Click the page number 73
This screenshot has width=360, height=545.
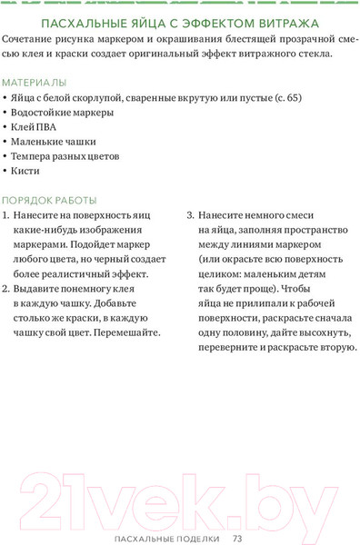pyautogui.click(x=236, y=539)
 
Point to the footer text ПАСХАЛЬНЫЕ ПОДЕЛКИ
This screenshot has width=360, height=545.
pyautogui.click(x=167, y=539)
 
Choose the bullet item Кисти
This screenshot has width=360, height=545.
pyautogui.click(x=26, y=170)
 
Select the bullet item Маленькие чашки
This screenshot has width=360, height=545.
pyautogui.click(x=54, y=142)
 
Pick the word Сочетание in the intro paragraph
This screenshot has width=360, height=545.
pyautogui.click(x=31, y=42)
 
